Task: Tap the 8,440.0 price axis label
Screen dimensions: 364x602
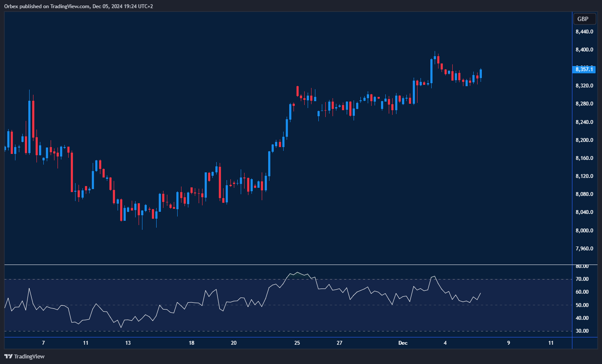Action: (584, 32)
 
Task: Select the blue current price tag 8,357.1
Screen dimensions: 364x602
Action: (584, 69)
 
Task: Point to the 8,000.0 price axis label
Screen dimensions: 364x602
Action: (584, 231)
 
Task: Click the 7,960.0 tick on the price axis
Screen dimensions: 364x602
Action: (584, 249)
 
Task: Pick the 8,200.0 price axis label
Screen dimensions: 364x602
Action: (584, 140)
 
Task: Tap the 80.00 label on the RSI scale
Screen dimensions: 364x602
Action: (582, 266)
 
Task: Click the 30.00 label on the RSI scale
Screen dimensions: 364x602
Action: (582, 331)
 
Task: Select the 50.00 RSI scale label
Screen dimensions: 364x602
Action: (582, 305)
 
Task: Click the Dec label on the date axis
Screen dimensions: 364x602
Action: (402, 343)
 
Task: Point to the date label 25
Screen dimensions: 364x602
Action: (297, 343)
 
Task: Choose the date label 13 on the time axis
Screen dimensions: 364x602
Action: (128, 343)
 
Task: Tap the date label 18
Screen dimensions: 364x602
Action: (191, 343)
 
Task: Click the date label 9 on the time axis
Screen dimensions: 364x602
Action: (508, 343)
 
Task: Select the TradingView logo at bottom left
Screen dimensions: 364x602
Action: (24, 356)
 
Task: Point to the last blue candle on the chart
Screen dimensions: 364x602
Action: (481, 73)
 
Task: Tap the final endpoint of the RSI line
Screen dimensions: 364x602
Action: (481, 293)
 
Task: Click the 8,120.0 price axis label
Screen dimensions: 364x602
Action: (584, 176)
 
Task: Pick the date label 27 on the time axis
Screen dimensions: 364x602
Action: (339, 343)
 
